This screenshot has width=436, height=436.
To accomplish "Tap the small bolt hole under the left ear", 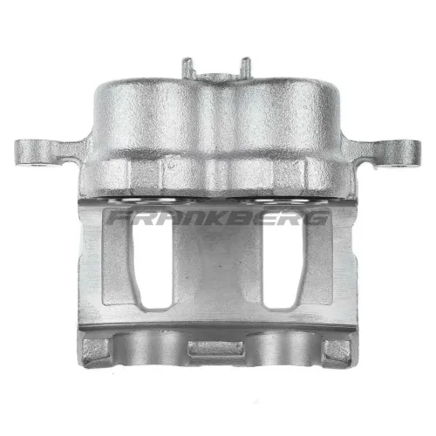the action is click(x=37, y=166).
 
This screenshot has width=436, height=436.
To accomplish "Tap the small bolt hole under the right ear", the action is click(x=402, y=167).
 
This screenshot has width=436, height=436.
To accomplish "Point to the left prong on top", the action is click(x=187, y=67).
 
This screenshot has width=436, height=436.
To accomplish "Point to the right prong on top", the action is click(x=246, y=67).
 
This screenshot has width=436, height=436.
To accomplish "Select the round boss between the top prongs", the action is click(x=216, y=78).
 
